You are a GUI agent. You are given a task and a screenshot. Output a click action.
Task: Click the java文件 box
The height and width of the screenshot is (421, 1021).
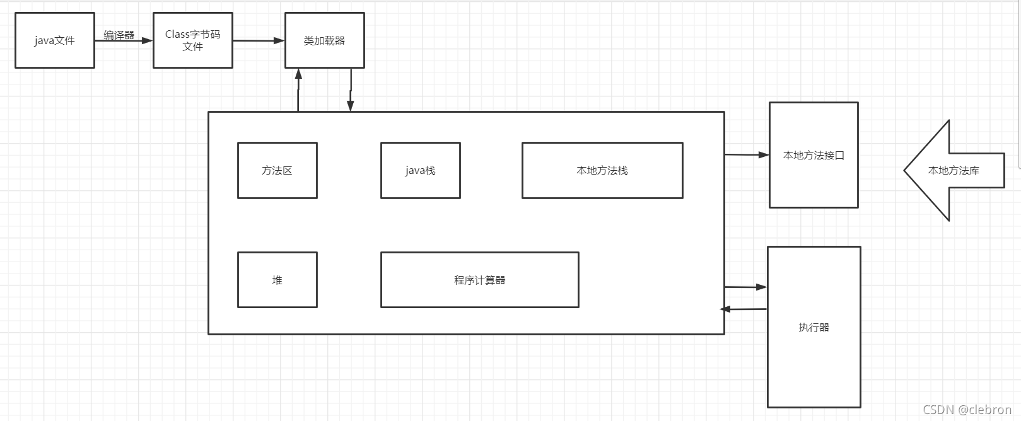pyautogui.click(x=55, y=40)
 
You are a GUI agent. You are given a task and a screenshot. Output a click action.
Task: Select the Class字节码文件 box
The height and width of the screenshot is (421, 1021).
pyautogui.click(x=193, y=40)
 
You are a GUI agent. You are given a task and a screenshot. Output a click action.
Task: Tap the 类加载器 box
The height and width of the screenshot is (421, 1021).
pyautogui.click(x=324, y=40)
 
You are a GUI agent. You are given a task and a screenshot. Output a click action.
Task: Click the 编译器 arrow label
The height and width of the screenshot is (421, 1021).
pyautogui.click(x=119, y=35)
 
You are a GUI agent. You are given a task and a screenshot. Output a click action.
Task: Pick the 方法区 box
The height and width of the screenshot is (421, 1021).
pyautogui.click(x=277, y=170)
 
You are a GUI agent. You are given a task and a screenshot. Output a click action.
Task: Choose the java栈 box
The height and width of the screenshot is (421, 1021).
pyautogui.click(x=420, y=170)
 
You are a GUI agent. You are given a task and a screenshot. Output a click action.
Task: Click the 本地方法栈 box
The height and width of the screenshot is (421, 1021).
pyautogui.click(x=602, y=170)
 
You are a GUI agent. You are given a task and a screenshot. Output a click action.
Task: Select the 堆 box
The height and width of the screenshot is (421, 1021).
pyautogui.click(x=277, y=280)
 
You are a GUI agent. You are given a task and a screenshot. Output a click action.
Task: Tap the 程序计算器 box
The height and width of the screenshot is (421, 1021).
pyautogui.click(x=479, y=280)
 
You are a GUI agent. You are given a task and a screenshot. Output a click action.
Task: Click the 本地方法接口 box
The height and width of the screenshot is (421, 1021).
pyautogui.click(x=814, y=155)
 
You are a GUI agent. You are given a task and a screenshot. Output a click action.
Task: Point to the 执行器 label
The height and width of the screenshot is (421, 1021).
pyautogui.click(x=814, y=327)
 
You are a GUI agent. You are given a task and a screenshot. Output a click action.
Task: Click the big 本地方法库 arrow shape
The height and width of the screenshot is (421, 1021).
pyautogui.click(x=953, y=170)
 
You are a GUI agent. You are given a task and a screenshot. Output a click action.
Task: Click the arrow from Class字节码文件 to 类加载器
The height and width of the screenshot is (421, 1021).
pyautogui.click(x=259, y=41)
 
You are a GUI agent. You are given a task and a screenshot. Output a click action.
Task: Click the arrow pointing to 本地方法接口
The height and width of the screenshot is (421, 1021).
pyautogui.click(x=747, y=154)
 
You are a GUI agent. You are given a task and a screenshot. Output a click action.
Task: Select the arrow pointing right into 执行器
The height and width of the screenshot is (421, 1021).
pyautogui.click(x=745, y=287)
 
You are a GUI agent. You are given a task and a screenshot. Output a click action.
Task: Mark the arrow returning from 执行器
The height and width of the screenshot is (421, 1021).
pyautogui.click(x=744, y=309)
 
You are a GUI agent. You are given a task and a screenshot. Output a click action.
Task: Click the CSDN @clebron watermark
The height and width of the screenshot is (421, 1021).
pyautogui.click(x=967, y=410)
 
